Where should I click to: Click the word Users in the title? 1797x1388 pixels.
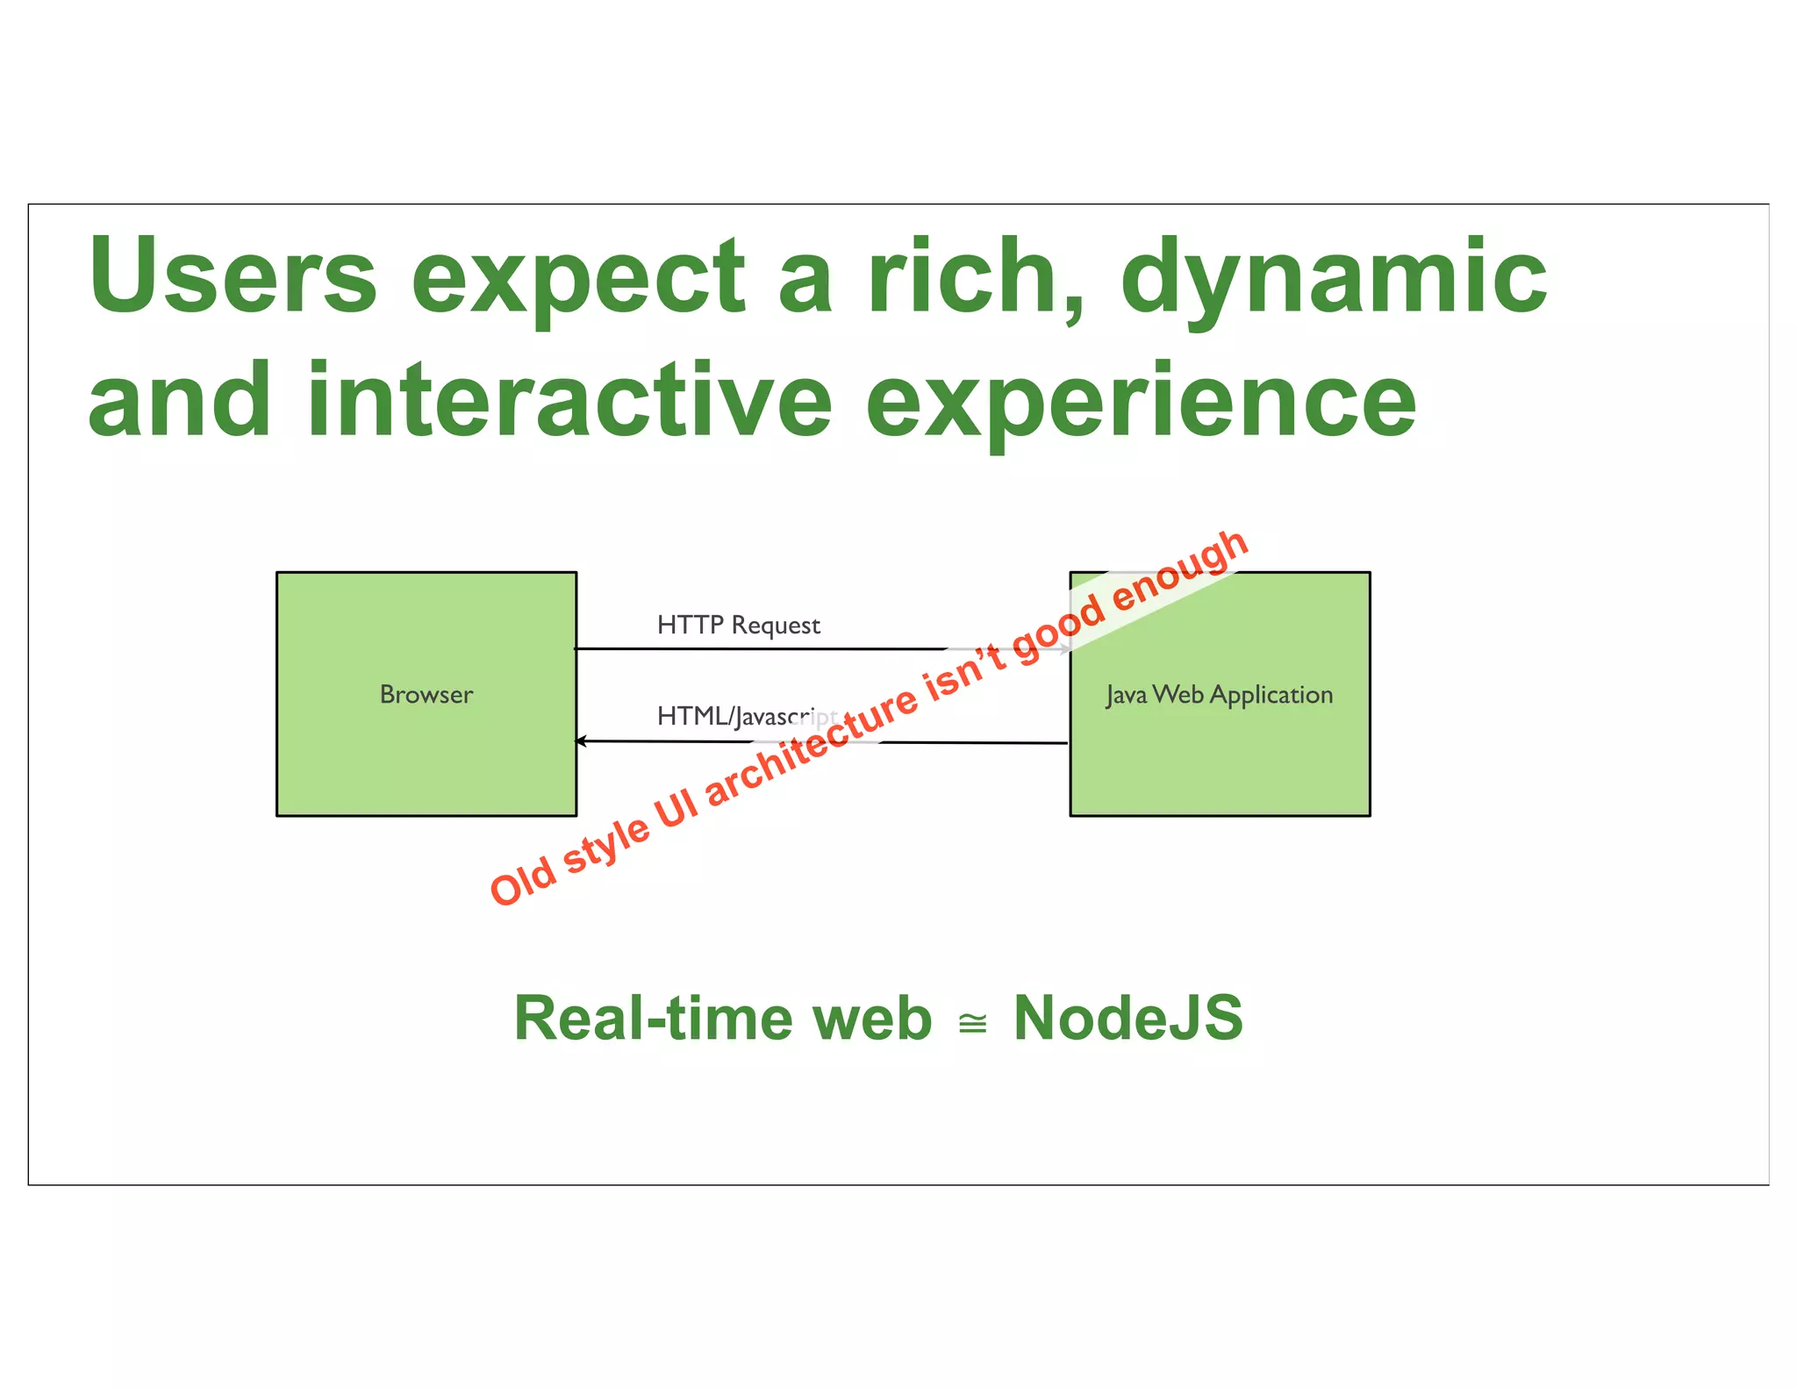[x=233, y=275]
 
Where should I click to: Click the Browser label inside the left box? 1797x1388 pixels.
[x=426, y=694]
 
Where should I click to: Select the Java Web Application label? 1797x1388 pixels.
[x=1219, y=695]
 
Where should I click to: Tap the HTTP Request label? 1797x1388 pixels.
[x=738, y=625]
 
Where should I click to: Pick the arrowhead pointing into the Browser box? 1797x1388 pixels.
[x=581, y=741]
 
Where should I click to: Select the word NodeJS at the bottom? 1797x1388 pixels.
[x=1128, y=1019]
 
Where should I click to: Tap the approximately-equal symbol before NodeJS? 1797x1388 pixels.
[x=972, y=1023]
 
